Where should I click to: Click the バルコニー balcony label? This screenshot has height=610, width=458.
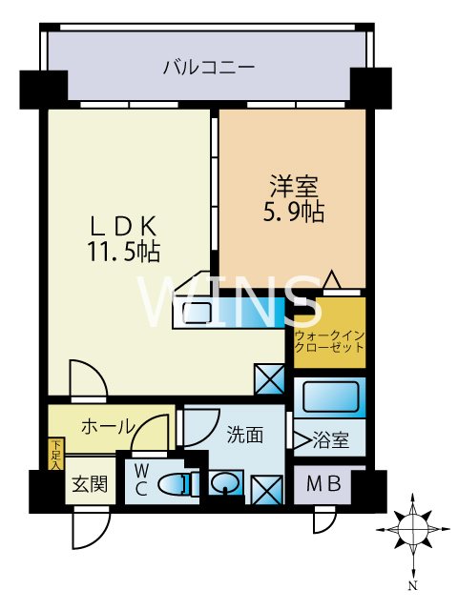[x=209, y=68]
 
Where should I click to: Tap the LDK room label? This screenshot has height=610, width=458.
[x=124, y=226]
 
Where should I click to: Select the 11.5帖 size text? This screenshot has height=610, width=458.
[x=124, y=251]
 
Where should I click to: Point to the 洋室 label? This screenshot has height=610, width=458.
[x=294, y=187]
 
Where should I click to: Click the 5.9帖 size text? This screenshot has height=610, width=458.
[x=294, y=212]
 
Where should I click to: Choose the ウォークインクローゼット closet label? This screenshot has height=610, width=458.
[x=329, y=341]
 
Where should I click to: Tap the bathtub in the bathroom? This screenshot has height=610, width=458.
[x=330, y=397]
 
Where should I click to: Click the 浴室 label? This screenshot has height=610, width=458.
[x=331, y=440]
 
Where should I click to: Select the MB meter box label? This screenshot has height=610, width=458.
[x=323, y=484]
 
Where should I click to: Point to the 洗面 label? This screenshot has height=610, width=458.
[x=245, y=435]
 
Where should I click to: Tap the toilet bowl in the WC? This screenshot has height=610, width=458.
[x=174, y=484]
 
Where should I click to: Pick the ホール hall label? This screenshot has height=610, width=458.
[x=107, y=427]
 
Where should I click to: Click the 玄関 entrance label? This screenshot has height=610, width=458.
[x=90, y=484]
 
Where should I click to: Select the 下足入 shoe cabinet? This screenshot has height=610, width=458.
[x=56, y=454]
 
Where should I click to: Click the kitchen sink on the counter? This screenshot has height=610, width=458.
[x=197, y=313]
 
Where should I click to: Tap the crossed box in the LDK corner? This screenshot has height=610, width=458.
[x=269, y=378]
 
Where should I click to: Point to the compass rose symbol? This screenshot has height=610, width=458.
[x=413, y=530]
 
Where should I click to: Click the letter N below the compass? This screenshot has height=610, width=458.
[x=413, y=595]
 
